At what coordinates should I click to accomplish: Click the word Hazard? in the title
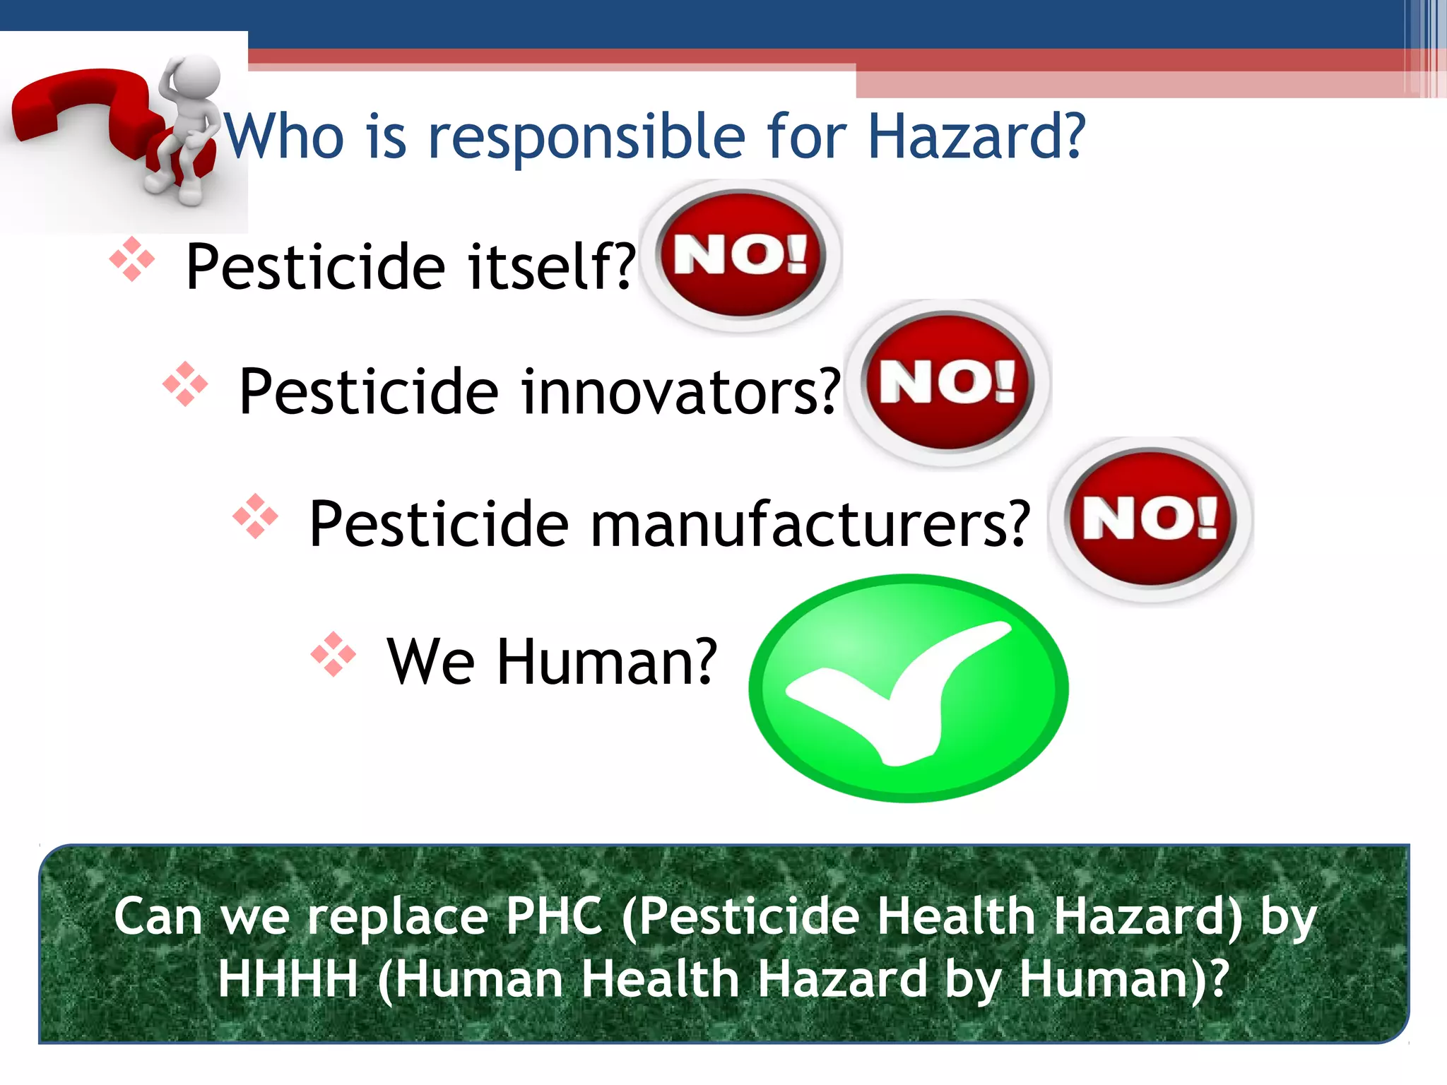pos(975,136)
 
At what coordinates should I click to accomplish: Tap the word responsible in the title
pos(586,138)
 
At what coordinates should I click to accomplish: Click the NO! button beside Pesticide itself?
pos(741,255)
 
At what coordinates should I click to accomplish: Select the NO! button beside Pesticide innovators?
pos(948,382)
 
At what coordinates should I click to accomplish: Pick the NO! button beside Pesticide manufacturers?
pos(1151,518)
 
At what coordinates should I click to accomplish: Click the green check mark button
pos(909,688)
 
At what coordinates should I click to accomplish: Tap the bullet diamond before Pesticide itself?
pos(132,259)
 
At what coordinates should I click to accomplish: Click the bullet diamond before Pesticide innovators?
pos(185,384)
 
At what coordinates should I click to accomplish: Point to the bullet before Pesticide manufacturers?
pos(255,516)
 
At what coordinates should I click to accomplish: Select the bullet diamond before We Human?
pos(333,654)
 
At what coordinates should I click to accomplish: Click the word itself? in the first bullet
pos(551,266)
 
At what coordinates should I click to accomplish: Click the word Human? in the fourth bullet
pos(608,662)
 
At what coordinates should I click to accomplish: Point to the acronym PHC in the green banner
pos(555,916)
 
